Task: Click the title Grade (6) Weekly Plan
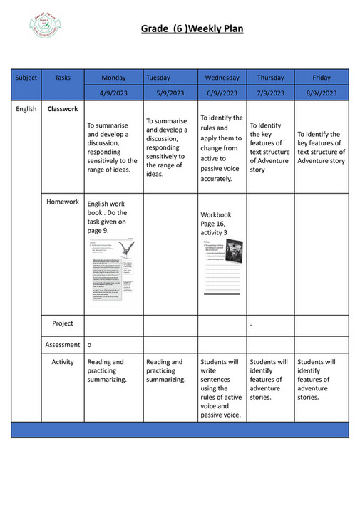[x=192, y=28]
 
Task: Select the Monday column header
[x=113, y=77]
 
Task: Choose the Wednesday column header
[x=222, y=77]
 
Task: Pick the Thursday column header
[x=270, y=77]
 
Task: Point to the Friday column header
[x=322, y=77]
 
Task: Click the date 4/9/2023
[x=113, y=93]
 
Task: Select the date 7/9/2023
[x=270, y=93]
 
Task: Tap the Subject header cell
[x=26, y=77]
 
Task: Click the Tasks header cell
[x=63, y=77]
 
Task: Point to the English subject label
[x=26, y=109]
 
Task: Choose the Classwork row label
[x=63, y=109]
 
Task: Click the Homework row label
[x=63, y=202]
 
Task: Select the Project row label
[x=63, y=323]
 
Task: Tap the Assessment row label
[x=63, y=344]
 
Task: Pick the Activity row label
[x=63, y=362]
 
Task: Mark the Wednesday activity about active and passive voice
[x=222, y=388]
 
